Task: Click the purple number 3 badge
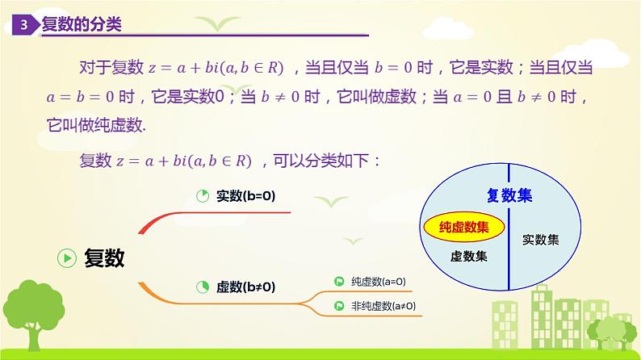pos(26,26)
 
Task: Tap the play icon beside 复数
pos(66,257)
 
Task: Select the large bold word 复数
pos(105,257)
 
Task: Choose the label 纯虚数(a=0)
pos(379,282)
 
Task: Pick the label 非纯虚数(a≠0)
pos(383,306)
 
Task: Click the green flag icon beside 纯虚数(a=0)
pos(340,282)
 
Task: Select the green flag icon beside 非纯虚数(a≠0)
pos(340,306)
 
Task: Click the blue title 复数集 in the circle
pos(509,195)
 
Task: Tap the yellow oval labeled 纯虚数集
pos(463,228)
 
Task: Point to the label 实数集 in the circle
pos(540,240)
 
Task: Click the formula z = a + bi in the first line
pos(190,67)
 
